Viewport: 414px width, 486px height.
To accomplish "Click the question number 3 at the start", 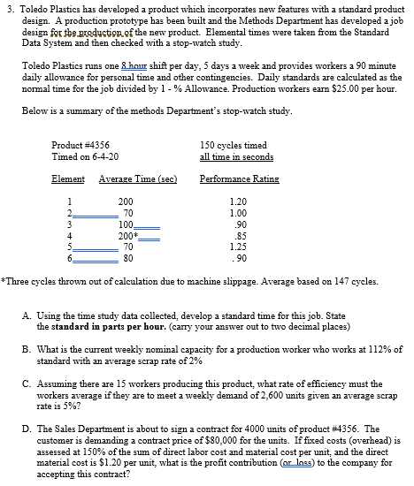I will point(6,7).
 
